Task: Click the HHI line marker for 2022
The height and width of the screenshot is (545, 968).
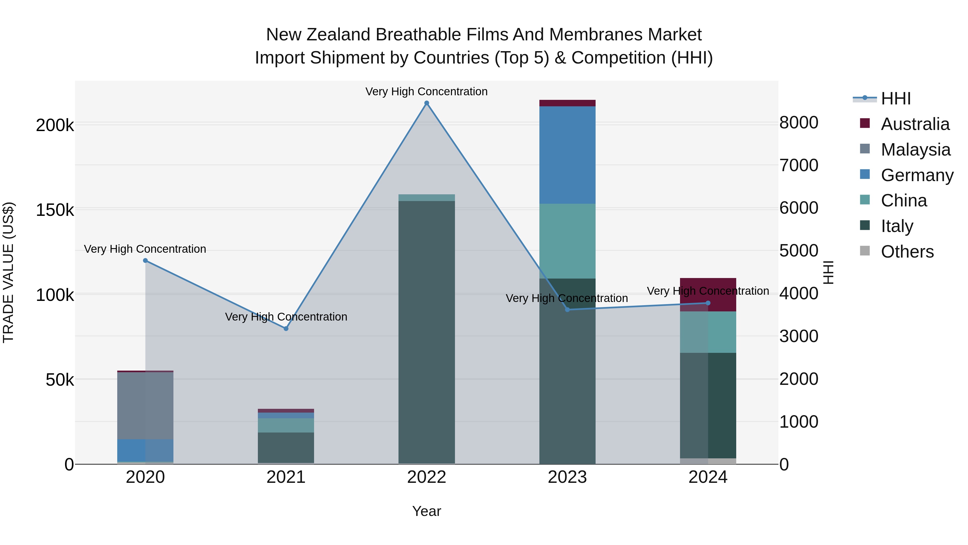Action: coord(426,103)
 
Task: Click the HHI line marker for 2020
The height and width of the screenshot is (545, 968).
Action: coord(145,260)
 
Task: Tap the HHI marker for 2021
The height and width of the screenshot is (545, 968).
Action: coord(286,328)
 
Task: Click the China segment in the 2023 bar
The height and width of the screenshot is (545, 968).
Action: coord(567,241)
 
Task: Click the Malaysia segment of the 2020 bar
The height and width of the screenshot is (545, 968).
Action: coord(145,406)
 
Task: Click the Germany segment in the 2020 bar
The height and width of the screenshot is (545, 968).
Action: coord(145,450)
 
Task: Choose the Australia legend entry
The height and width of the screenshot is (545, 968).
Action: coord(915,124)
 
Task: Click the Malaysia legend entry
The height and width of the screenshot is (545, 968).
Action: coord(915,150)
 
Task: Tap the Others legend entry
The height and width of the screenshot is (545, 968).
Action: coord(907,252)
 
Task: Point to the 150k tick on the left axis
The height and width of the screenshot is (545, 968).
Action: coord(55,210)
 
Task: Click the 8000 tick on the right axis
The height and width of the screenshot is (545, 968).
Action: coord(799,123)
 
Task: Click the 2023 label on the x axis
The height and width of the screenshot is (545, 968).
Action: coord(567,477)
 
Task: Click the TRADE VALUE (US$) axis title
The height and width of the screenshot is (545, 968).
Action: coord(8,272)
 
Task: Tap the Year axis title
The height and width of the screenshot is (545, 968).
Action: coord(426,511)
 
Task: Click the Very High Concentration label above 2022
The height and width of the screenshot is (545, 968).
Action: coord(426,92)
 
